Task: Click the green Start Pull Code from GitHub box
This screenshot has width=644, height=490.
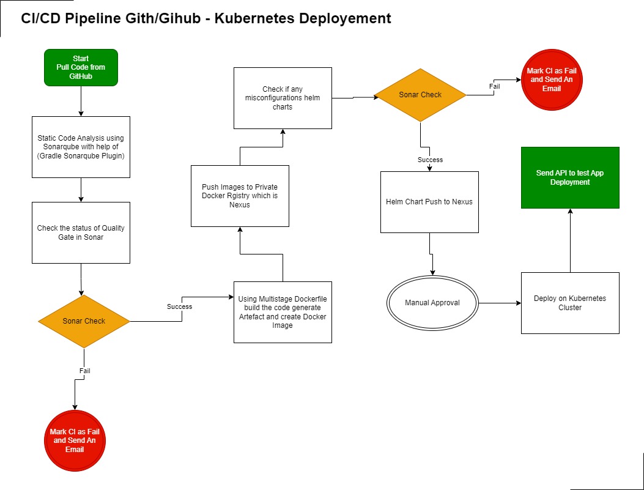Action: click(x=81, y=67)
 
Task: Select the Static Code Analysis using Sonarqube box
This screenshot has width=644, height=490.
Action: click(x=81, y=147)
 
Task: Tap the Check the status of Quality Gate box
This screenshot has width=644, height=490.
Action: click(x=81, y=232)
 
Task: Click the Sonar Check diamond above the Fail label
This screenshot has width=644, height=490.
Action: click(x=84, y=321)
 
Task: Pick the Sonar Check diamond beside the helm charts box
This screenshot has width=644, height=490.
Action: click(x=420, y=95)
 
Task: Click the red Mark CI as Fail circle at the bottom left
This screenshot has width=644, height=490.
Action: click(x=75, y=440)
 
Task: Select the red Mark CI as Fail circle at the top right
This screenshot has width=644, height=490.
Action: click(x=552, y=80)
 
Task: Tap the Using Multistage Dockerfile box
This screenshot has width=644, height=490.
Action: click(x=283, y=312)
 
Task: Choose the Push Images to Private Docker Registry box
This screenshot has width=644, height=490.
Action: click(x=240, y=196)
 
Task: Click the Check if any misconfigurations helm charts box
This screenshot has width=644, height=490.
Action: click(x=283, y=98)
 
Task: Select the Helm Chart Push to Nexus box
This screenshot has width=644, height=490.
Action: click(x=429, y=202)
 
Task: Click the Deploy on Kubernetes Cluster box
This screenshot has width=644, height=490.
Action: click(x=570, y=303)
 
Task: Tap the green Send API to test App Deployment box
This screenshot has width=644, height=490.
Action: click(x=570, y=177)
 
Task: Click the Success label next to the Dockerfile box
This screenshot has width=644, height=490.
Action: click(x=179, y=306)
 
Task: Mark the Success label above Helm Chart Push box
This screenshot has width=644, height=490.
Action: click(x=430, y=160)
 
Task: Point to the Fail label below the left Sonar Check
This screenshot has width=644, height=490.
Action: click(x=84, y=371)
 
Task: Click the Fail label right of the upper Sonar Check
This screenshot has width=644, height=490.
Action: click(x=494, y=86)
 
